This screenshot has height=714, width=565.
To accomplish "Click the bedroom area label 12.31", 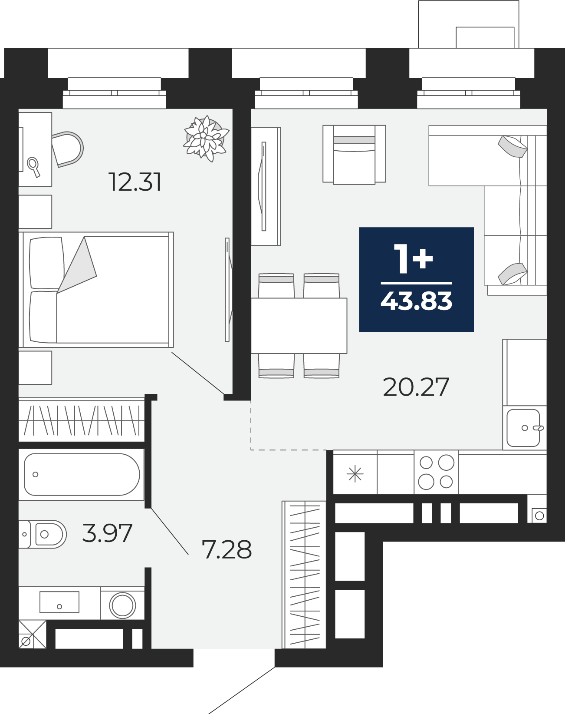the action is click(x=135, y=182).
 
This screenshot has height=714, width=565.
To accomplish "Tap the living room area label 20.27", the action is click(x=416, y=387).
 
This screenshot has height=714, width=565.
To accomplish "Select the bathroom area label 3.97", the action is click(x=108, y=533).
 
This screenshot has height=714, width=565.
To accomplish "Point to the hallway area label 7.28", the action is click(x=227, y=549).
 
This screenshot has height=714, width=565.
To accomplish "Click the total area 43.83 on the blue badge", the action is click(x=416, y=301).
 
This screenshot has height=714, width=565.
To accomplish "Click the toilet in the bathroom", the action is click(x=42, y=534).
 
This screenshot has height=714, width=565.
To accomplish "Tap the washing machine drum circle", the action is click(x=123, y=605).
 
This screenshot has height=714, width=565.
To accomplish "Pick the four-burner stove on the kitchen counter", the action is click(x=436, y=472).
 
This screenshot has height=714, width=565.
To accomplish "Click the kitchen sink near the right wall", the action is click(x=524, y=428).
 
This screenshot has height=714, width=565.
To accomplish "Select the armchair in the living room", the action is click(x=354, y=154).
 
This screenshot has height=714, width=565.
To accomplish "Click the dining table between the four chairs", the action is click(x=299, y=325).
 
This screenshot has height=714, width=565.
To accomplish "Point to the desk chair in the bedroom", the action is click(x=67, y=149).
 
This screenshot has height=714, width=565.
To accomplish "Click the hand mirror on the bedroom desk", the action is click(x=34, y=167).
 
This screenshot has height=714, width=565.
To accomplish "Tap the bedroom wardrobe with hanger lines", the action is click(x=82, y=420).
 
